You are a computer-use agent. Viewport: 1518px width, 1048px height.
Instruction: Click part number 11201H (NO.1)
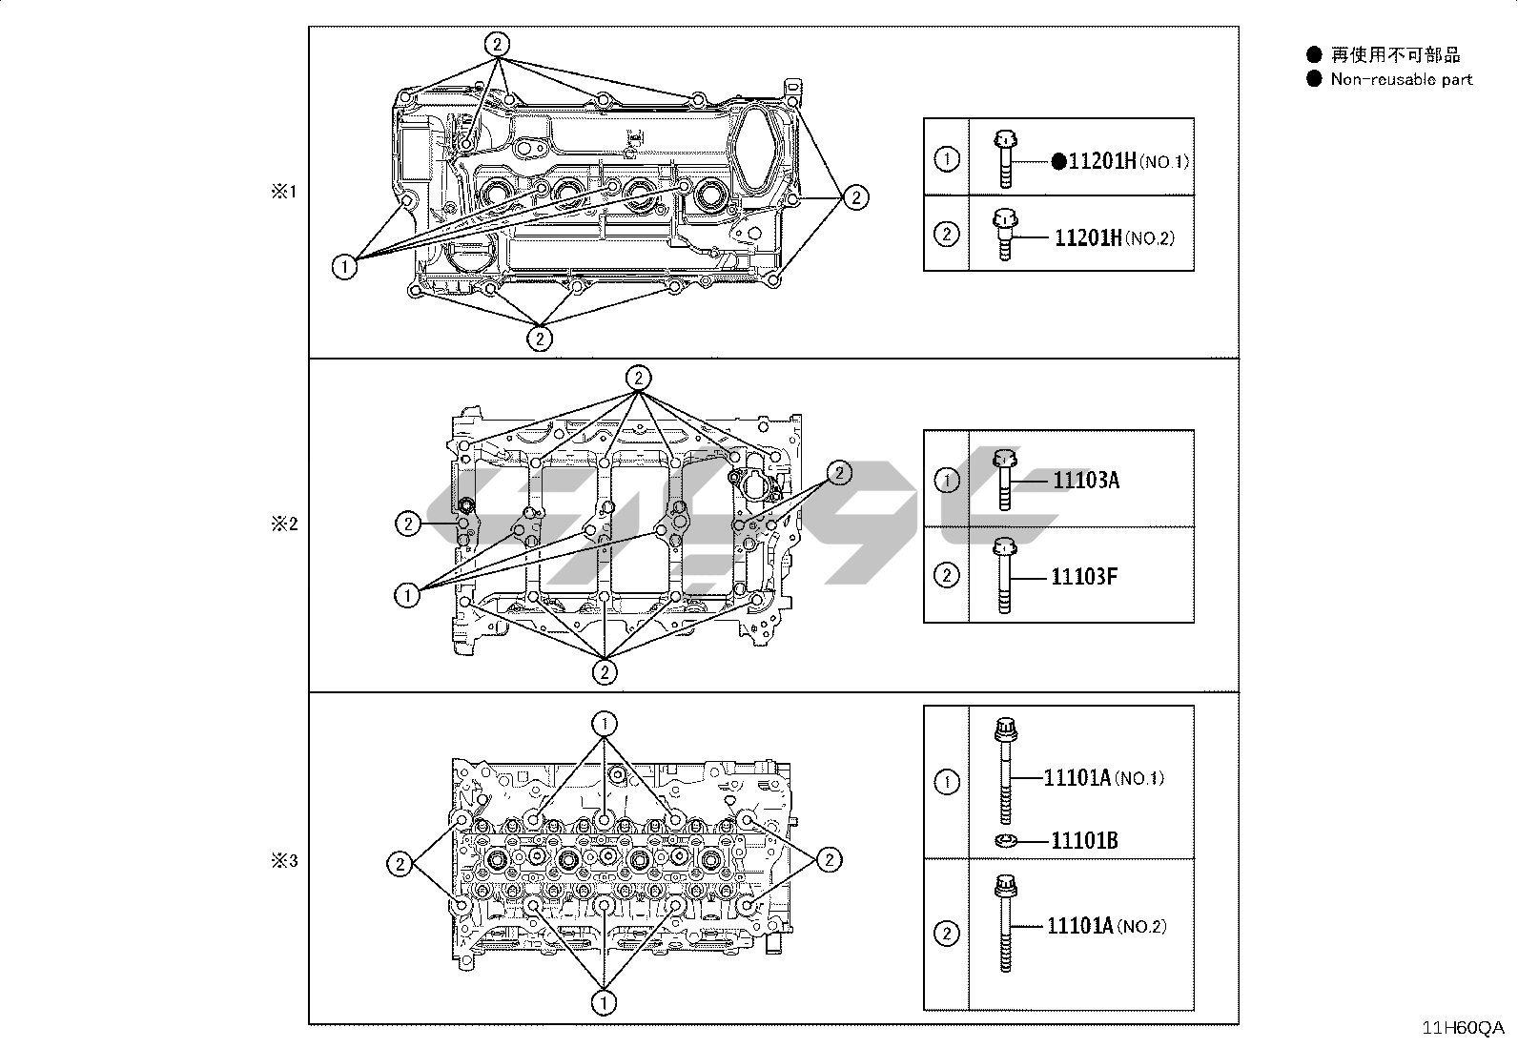(x=1128, y=161)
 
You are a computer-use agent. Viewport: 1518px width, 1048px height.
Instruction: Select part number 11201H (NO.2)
(x=1115, y=238)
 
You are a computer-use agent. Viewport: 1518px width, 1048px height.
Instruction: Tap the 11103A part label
(x=1086, y=480)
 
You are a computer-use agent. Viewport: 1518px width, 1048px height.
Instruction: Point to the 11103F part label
(x=1084, y=576)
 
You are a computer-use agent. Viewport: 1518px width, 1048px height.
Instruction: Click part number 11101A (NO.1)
(x=1104, y=777)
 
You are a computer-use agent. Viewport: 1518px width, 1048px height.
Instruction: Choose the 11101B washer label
(x=1084, y=840)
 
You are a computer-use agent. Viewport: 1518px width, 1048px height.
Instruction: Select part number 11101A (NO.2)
(x=1107, y=926)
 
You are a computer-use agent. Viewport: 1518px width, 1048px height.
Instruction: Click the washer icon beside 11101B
(x=1006, y=841)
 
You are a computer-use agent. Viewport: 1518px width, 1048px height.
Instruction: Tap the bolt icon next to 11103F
(x=1004, y=576)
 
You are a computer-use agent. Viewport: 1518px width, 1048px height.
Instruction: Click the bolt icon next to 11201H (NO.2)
(x=1005, y=235)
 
